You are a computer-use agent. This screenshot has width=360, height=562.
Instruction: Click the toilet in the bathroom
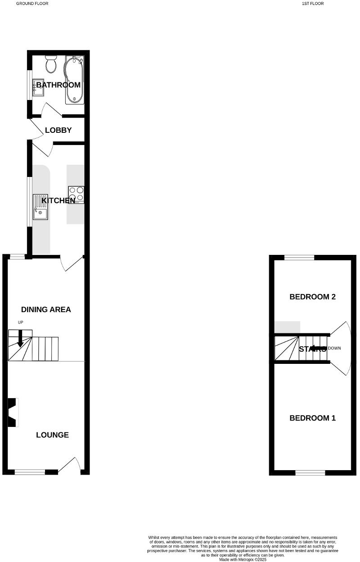(x=50, y=64)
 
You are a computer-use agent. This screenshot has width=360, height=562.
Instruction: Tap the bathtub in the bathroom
(x=74, y=80)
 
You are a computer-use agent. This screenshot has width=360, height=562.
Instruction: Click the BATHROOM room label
(x=58, y=85)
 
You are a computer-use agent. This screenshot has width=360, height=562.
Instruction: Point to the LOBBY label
(x=58, y=131)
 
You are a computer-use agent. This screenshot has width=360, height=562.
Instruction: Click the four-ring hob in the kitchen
(x=76, y=195)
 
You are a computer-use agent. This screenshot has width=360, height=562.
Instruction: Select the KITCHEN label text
(x=58, y=200)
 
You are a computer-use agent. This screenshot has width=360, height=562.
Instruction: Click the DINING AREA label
(x=46, y=309)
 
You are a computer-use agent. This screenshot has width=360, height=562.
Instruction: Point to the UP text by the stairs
(x=20, y=322)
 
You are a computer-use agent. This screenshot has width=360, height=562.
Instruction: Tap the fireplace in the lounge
(x=13, y=412)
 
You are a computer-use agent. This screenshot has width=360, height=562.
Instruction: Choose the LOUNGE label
(x=52, y=435)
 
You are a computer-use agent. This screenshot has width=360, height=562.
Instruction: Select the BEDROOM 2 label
(x=312, y=297)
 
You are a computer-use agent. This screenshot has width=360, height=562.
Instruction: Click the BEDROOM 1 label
(x=312, y=418)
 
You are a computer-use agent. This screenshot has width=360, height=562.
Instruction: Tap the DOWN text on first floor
(x=335, y=349)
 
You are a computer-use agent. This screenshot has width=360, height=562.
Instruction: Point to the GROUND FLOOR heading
(x=32, y=4)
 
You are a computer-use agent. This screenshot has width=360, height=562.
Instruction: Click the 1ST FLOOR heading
(x=313, y=4)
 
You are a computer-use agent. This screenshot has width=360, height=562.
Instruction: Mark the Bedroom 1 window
(x=310, y=472)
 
